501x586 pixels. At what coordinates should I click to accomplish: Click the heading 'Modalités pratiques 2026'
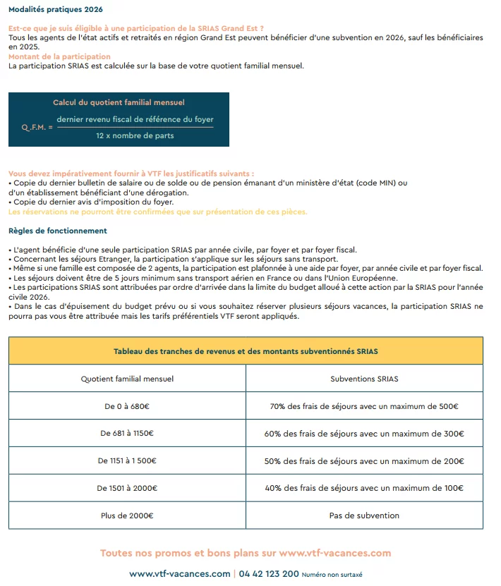[x=55, y=9]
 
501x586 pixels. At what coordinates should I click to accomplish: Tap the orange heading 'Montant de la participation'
[x=59, y=56]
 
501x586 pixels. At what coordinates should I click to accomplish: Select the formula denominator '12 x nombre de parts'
[x=135, y=135]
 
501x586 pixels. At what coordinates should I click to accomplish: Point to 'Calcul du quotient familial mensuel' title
[x=119, y=103]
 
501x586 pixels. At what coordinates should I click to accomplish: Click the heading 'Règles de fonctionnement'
[x=58, y=231]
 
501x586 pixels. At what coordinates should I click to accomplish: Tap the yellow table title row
[x=246, y=351]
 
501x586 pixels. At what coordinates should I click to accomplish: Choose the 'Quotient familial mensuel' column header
[x=127, y=379]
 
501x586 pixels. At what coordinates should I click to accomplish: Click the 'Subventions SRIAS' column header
[x=364, y=379]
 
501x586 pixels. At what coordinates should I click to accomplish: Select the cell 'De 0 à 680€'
[x=127, y=406]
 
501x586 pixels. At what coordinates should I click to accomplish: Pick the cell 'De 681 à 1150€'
[x=127, y=434]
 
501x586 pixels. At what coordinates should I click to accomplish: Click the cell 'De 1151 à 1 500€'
[x=127, y=461]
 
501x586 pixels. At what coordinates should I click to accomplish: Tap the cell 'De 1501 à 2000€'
[x=127, y=488]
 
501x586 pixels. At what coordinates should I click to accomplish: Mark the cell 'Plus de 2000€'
[x=127, y=515]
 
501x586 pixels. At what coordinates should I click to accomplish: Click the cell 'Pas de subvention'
[x=364, y=515]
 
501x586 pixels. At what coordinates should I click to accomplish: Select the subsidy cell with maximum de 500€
[x=364, y=406]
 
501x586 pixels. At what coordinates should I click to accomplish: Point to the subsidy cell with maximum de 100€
[x=364, y=488]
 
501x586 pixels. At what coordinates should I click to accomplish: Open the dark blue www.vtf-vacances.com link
[x=180, y=574]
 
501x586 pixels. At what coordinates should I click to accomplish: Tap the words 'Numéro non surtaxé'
[x=332, y=575]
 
